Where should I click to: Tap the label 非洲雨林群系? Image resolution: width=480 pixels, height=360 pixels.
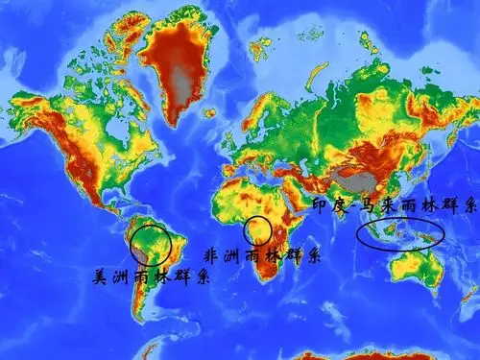pyautogui.click(x=263, y=255)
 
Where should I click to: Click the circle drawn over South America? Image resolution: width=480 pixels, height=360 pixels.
pyautogui.click(x=152, y=245)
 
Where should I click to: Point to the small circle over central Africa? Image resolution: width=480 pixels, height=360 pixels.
pyautogui.click(x=257, y=230)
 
